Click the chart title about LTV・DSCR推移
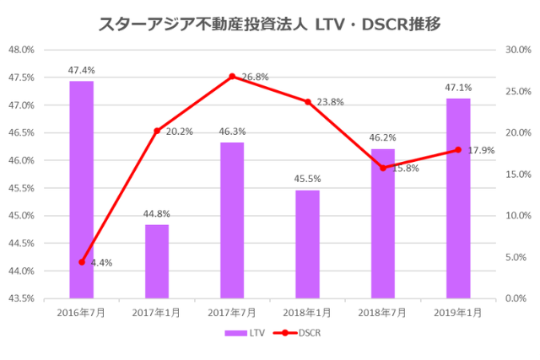(269, 24)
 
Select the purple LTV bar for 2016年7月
(81, 190)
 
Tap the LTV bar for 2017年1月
(157, 261)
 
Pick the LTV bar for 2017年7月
(232, 220)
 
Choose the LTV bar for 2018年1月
(307, 244)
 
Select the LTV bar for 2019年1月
(458, 198)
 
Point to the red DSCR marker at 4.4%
(82, 262)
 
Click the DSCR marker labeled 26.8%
(232, 77)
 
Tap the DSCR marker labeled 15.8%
(383, 168)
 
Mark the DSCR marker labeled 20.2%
(157, 131)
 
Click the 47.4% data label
(82, 70)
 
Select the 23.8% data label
(331, 102)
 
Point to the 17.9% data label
(481, 150)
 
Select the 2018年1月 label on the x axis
(307, 312)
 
